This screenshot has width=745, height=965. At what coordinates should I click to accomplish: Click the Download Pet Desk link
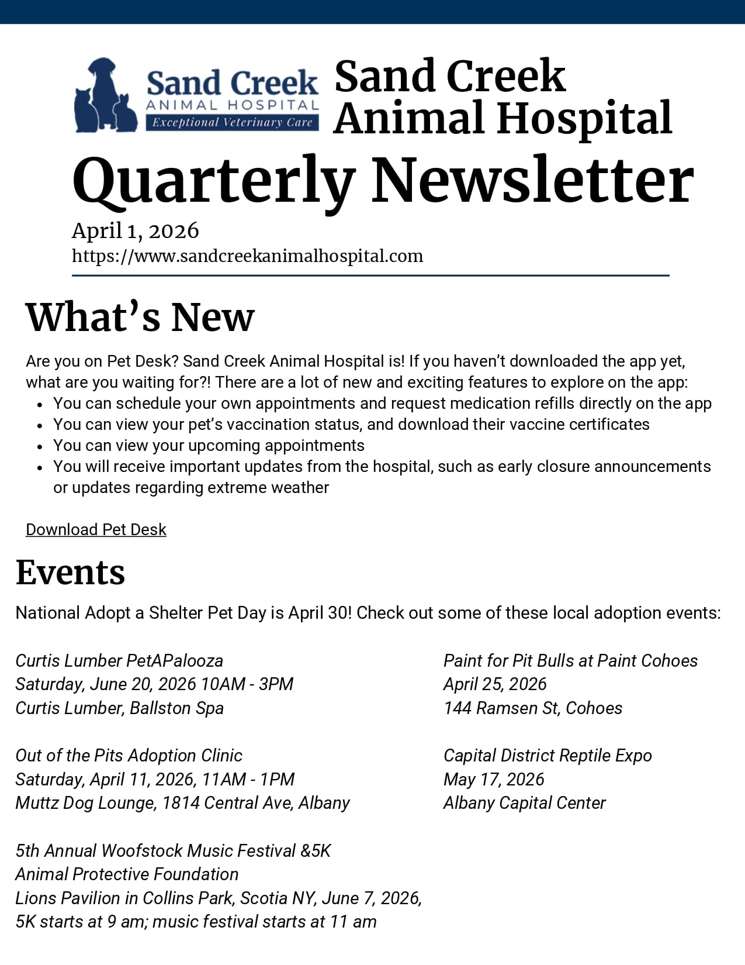[96, 529]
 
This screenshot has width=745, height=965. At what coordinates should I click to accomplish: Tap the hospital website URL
[247, 256]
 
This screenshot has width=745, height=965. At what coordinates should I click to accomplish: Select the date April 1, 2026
[135, 231]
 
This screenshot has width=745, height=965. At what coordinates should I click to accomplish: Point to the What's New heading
[140, 318]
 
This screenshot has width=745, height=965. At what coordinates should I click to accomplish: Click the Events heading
[70, 572]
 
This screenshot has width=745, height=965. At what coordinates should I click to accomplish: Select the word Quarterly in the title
[213, 181]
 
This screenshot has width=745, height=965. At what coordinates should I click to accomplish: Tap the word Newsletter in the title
[532, 181]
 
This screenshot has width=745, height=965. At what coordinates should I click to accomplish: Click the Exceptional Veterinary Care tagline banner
[232, 122]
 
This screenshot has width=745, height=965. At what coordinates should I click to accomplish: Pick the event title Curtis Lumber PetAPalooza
[119, 661]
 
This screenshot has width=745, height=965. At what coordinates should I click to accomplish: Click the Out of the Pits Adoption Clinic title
[129, 756]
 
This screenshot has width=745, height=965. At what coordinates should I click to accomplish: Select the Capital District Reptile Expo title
[548, 756]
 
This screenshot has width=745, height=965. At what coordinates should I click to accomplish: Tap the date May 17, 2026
[494, 780]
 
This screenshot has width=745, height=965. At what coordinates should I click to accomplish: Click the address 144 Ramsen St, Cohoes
[533, 708]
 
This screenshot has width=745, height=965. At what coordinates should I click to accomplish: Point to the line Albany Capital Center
[524, 803]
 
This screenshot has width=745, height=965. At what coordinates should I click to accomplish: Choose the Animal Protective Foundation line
[127, 874]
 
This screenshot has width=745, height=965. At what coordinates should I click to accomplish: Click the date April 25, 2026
[495, 684]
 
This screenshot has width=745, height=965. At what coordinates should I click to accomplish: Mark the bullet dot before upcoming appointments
[40, 447]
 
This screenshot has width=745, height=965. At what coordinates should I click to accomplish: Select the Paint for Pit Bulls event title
[570, 661]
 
